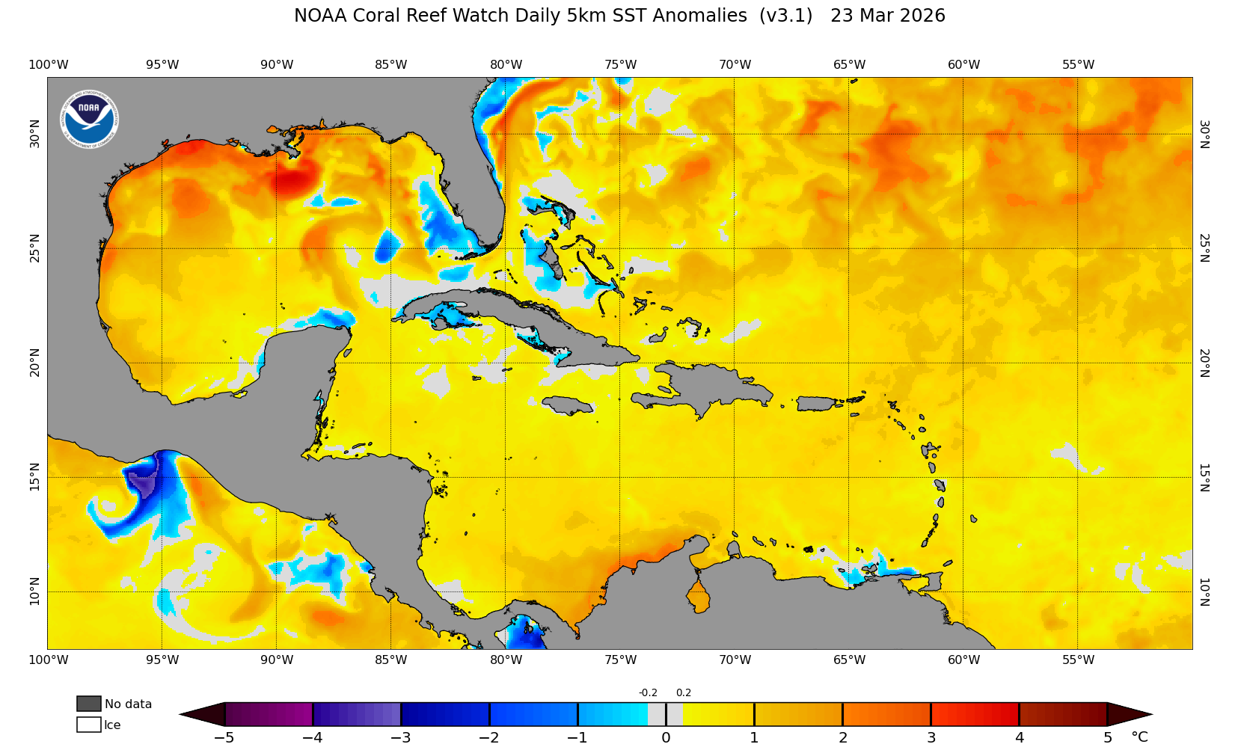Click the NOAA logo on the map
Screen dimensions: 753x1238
pos(89,119)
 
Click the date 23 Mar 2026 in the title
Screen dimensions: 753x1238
pos(887,16)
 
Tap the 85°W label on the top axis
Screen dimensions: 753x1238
pos(391,65)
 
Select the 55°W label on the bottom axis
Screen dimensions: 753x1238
pos(1078,660)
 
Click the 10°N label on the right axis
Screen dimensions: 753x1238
pos(1204,591)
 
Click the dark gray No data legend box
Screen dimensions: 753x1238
pos(89,704)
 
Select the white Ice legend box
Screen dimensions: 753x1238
pos(89,725)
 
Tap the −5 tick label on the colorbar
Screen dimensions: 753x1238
pos(224,738)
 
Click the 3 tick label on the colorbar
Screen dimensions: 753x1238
pos(931,738)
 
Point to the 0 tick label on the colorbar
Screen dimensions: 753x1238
pos(666,738)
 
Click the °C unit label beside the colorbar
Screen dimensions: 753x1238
pos(1139,737)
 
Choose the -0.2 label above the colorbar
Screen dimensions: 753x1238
pos(648,693)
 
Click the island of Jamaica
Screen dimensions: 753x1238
pos(568,405)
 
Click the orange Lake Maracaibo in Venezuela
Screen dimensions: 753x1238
pos(699,597)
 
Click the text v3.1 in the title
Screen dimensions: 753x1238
pos(785,16)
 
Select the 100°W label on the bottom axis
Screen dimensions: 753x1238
pos(48,660)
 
